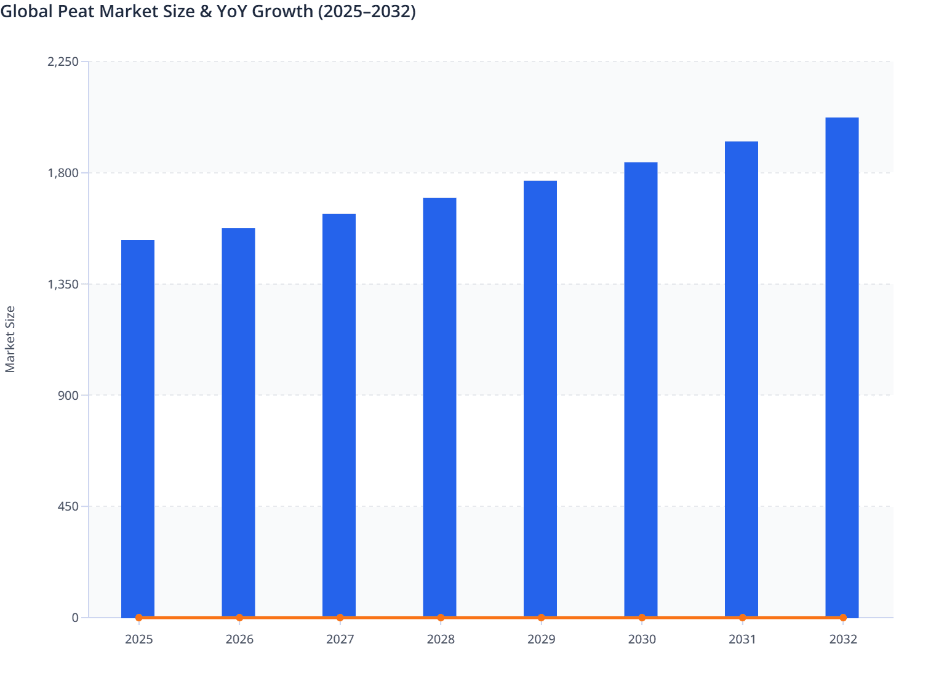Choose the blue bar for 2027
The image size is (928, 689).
coord(339,415)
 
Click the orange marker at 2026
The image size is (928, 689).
coord(239,618)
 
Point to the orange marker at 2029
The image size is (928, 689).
coord(542,618)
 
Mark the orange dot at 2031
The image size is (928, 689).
coord(742,618)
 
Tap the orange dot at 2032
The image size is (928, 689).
coord(843,618)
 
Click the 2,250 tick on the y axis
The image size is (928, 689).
coord(63,62)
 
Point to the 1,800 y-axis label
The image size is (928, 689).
coord(63,173)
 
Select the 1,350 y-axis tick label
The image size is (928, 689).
coord(63,284)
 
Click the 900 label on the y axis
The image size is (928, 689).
coord(69,395)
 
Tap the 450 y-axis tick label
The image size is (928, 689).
coord(69,506)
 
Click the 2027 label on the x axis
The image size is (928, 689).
coord(340,639)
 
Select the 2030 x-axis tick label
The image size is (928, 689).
coord(642,639)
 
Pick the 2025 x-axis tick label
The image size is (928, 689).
coord(138,639)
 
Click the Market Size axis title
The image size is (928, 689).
coord(10,339)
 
